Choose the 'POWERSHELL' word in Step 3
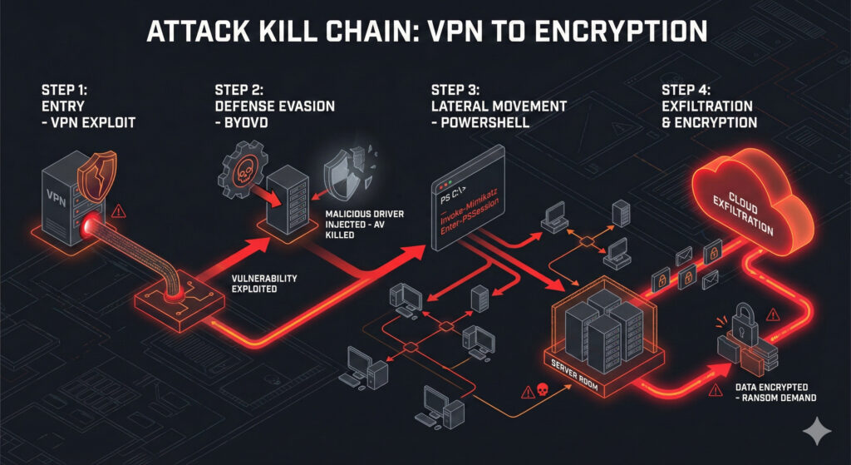coord(482,121)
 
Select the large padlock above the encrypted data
coord(741,319)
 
